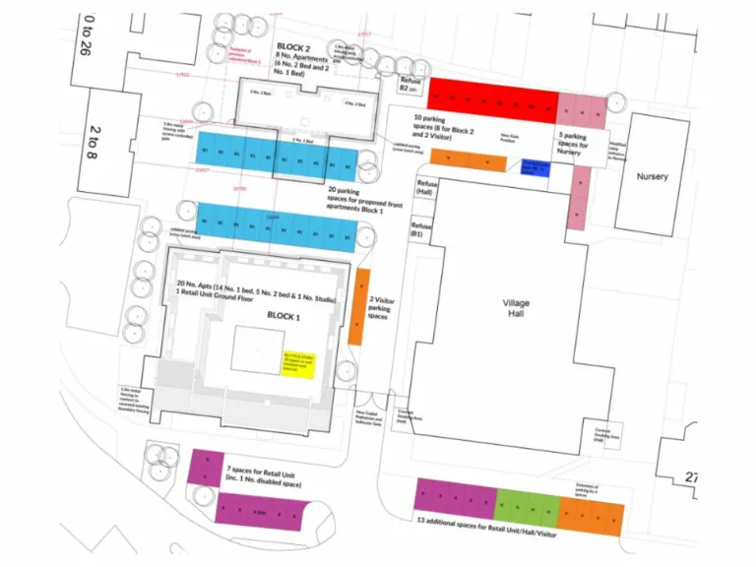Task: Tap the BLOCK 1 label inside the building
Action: pos(287,315)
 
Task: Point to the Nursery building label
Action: pos(652,176)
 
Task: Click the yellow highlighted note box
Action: pos(297,362)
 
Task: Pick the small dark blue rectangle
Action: pos(535,167)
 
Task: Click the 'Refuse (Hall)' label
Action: pos(426,188)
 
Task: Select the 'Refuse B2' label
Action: pos(409,85)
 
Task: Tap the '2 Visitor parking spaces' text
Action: pos(380,308)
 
